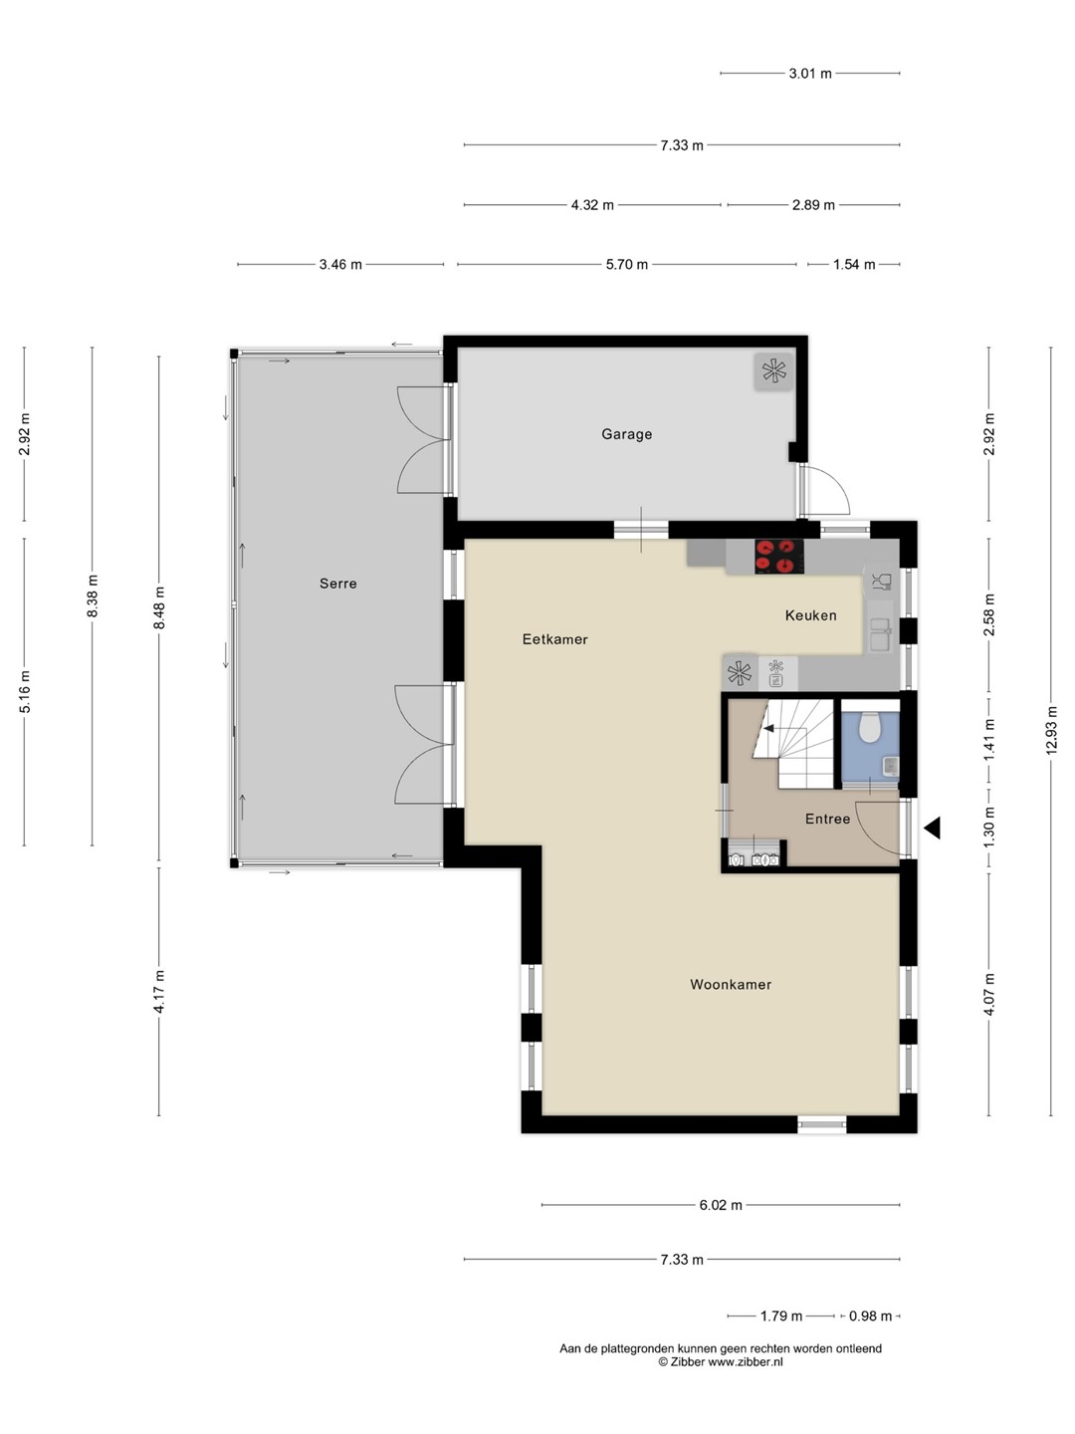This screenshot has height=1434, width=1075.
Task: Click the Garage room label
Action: (627, 434)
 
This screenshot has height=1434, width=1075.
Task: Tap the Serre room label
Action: (338, 584)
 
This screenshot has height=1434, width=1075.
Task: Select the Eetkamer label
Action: (554, 639)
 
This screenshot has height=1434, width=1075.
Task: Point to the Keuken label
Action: (810, 615)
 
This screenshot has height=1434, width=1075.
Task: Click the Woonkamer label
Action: (731, 984)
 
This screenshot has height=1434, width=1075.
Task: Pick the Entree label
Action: (827, 819)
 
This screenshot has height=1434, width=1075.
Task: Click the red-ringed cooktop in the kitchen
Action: (779, 557)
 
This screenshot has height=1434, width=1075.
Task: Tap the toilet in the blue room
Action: (869, 728)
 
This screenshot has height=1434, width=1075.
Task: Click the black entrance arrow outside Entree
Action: (932, 829)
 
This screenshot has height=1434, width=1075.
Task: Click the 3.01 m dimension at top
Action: (810, 74)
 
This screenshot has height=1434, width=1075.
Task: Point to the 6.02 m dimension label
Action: (721, 1205)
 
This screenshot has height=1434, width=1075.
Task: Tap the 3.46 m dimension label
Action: (340, 265)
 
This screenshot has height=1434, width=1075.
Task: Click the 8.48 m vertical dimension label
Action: (159, 607)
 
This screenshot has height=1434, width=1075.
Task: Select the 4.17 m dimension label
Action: (159, 992)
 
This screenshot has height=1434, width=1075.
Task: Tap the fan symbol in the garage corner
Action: (774, 371)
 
